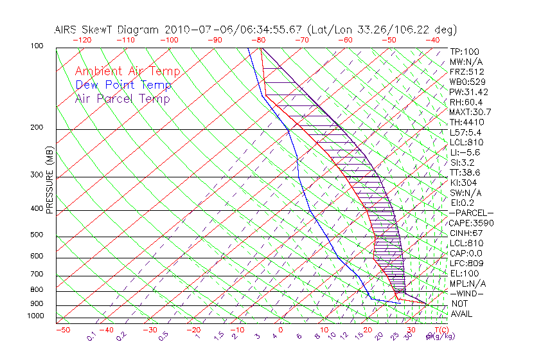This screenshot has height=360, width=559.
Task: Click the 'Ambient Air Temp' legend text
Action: tap(127, 71)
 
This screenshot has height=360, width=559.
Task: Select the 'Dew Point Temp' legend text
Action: tap(123, 85)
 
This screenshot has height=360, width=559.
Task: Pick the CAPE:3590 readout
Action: tap(469, 223)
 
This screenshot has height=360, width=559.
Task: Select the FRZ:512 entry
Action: tap(467, 72)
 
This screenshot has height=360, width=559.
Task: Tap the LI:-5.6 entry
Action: tap(465, 152)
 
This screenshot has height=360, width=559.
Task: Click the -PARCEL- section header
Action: tap(471, 213)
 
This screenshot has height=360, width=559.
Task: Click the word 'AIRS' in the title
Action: tap(68, 30)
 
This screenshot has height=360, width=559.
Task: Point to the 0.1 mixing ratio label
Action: tap(91, 336)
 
